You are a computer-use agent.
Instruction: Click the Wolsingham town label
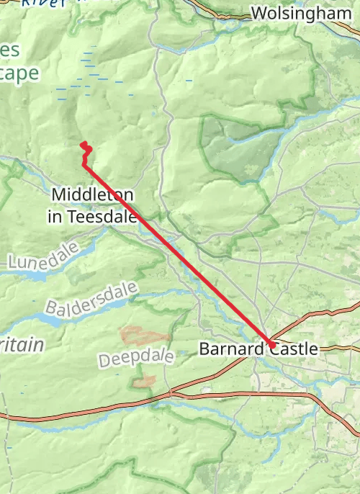point(301,13)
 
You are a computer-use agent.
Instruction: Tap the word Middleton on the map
point(92,195)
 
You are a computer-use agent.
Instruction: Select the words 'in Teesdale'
point(92,215)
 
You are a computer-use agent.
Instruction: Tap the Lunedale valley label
point(35,260)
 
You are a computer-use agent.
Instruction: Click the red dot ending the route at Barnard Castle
point(273,346)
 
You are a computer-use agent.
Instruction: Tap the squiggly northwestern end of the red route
point(86,148)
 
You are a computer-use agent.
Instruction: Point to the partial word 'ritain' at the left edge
point(22,345)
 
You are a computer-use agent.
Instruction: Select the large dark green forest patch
point(238,148)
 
